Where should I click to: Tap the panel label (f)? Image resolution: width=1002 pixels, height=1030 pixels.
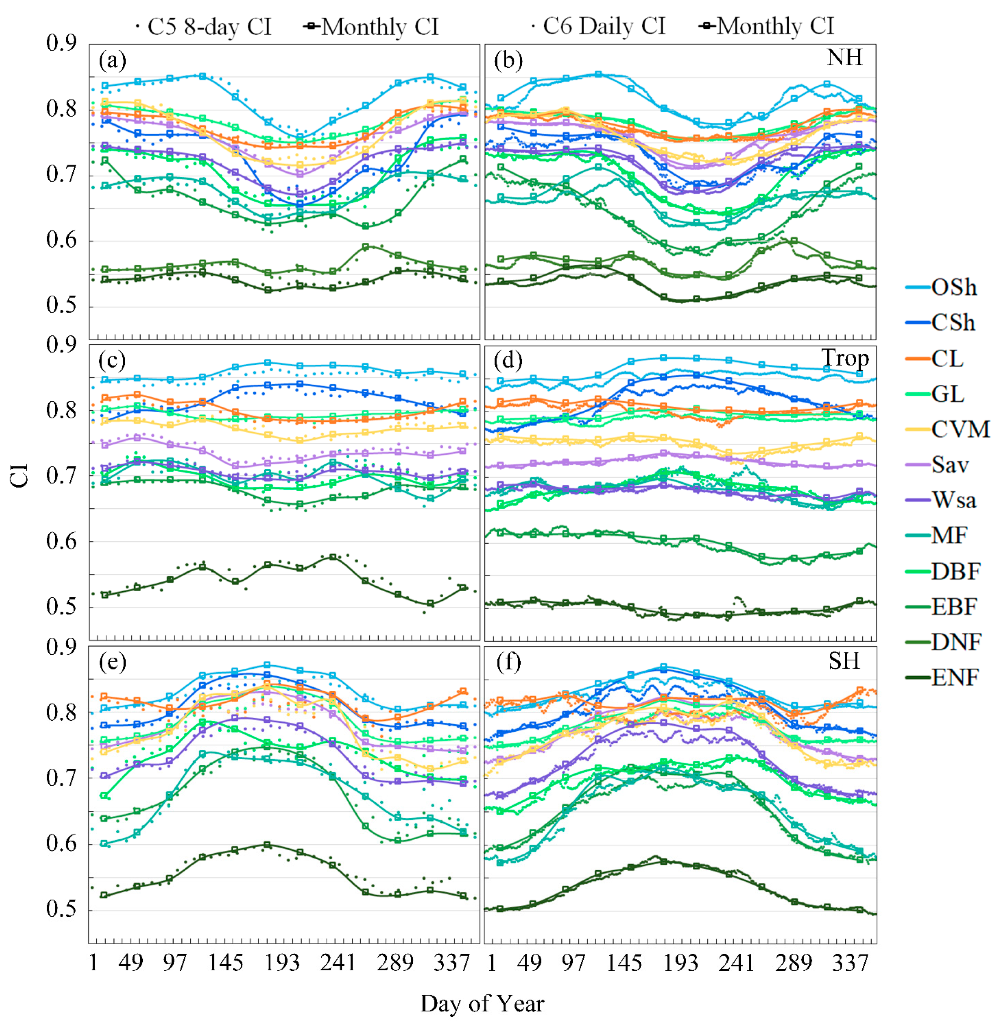pos(509,661)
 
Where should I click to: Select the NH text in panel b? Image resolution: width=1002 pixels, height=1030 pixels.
pos(844,57)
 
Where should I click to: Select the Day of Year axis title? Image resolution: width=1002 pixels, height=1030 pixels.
pos(482,1003)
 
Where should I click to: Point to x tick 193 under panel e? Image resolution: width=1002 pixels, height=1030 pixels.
pos(282,963)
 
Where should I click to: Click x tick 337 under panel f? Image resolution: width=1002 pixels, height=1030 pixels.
pos(850,963)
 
